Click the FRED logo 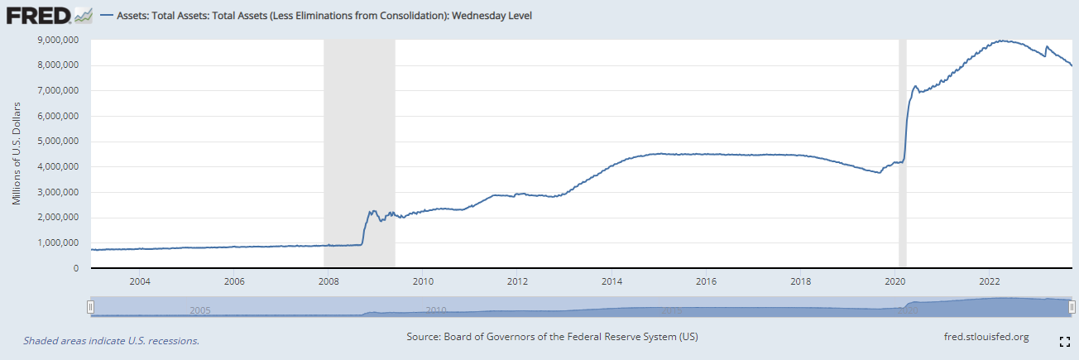(39, 16)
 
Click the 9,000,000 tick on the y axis (58, 40)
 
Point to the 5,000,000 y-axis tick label (58, 142)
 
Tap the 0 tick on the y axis (75, 268)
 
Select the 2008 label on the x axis (328, 281)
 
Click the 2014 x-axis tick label (611, 281)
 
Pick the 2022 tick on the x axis (990, 281)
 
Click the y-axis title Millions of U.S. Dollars (17, 153)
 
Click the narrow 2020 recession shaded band (903, 153)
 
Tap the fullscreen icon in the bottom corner (1065, 342)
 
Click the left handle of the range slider (90, 307)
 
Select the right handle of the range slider (1072, 307)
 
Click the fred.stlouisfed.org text (986, 337)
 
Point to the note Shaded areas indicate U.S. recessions (111, 341)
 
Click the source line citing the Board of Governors (552, 336)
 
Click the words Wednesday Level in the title (492, 16)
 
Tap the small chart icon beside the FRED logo (84, 16)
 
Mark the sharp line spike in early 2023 (1046, 46)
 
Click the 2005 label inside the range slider (200, 310)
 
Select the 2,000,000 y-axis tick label (58, 218)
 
